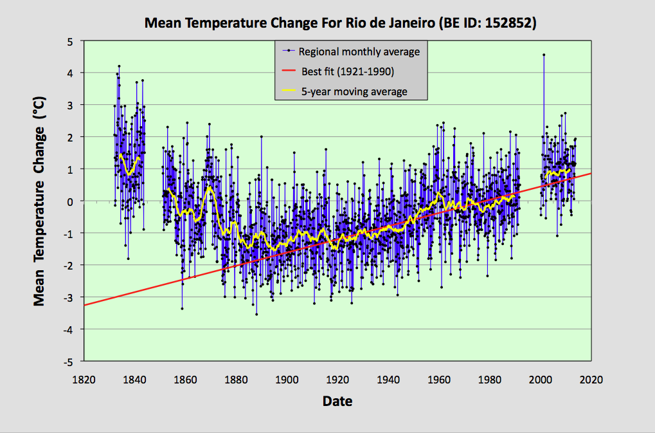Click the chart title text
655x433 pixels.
[340, 24]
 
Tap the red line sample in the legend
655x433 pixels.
[289, 71]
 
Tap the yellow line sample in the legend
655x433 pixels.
[289, 91]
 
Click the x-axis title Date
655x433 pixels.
[337, 401]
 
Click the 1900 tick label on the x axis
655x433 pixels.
[287, 380]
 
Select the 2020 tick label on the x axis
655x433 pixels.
[591, 380]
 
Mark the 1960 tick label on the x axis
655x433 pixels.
[438, 380]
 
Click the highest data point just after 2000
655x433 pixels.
[544, 55]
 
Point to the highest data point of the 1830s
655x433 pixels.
[119, 66]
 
